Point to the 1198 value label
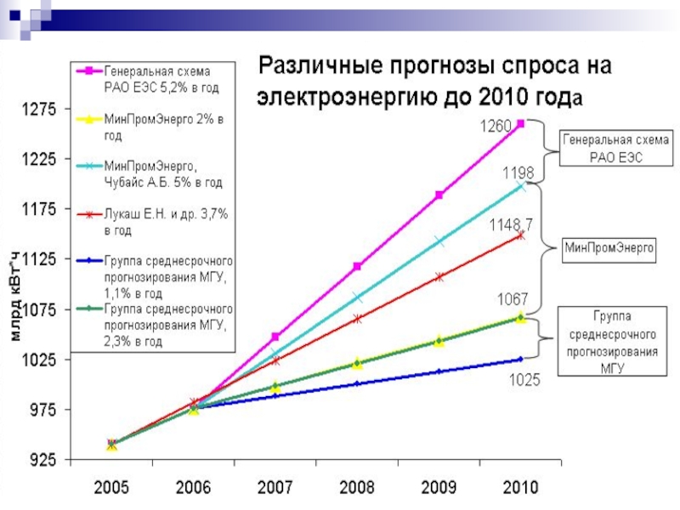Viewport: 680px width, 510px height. [x=518, y=173]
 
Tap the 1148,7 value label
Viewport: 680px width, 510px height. [x=511, y=225]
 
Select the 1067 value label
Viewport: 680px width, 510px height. [x=513, y=299]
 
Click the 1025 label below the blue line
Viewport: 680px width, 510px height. [x=524, y=382]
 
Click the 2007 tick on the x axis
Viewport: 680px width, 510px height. [x=275, y=488]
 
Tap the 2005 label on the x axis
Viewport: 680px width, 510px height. [x=112, y=488]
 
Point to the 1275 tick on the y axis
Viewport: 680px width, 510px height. [x=37, y=109]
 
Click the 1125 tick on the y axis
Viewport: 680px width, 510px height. [x=37, y=259]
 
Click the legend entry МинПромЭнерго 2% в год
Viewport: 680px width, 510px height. [x=161, y=127]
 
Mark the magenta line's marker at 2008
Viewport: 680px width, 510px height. [x=357, y=267]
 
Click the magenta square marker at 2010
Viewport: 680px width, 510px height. [x=520, y=123]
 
